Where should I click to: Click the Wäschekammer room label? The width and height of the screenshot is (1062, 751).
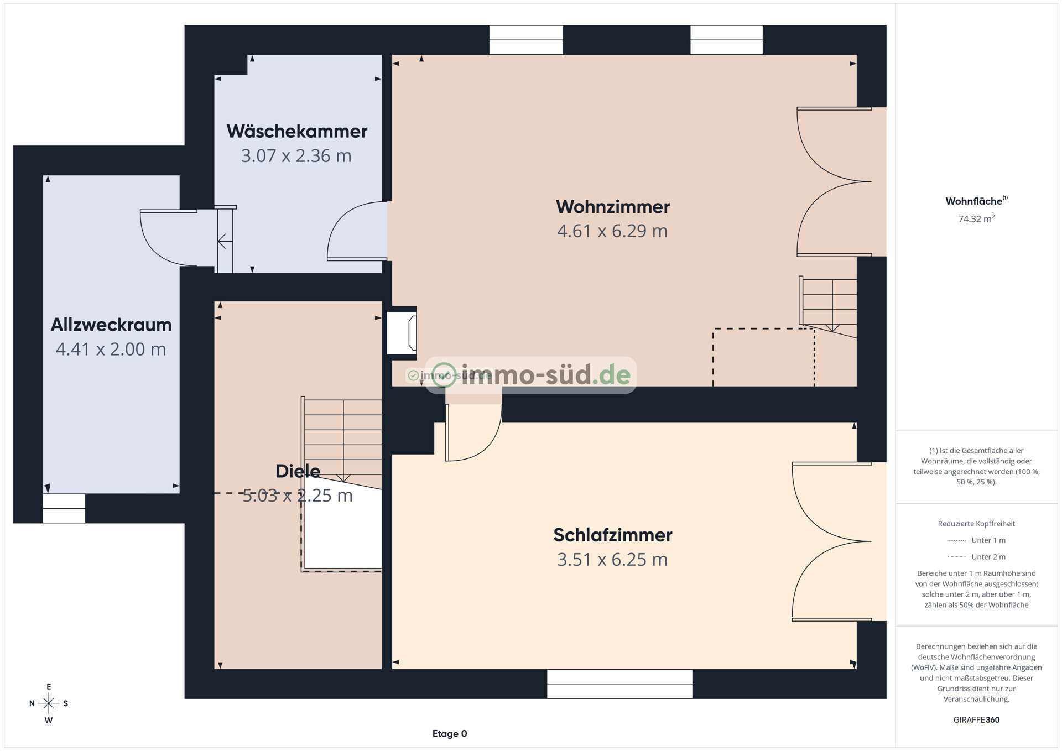pos(297,131)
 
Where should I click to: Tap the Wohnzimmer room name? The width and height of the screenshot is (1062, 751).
pos(613,207)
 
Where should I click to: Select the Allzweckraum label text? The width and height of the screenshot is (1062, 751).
pos(111,325)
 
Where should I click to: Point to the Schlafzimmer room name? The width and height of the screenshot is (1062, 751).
pos(613,535)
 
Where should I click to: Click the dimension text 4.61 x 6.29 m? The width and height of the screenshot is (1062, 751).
pos(612,231)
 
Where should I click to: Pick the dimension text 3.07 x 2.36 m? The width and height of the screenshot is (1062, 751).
pos(296,156)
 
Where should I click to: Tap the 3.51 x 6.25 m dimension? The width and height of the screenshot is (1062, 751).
pos(612,560)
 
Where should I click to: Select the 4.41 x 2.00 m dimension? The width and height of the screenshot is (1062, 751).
pos(111,350)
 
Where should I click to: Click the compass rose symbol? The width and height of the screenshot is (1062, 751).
pos(49,703)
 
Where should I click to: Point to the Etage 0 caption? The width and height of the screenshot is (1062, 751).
pos(450,734)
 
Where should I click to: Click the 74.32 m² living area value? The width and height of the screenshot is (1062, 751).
pos(976,218)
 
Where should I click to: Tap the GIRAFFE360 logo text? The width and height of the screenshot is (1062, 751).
pos(976,720)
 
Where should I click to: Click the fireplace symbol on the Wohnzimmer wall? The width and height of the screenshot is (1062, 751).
pos(402,333)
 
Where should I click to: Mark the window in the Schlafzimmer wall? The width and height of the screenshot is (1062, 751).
pos(619,684)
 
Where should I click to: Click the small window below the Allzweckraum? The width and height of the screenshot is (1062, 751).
pos(64,508)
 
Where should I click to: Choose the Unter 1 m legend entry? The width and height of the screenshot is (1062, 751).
pos(976,540)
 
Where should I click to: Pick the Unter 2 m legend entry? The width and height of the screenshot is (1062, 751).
pos(976,557)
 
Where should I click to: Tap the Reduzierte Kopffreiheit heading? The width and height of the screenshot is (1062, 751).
pos(976,524)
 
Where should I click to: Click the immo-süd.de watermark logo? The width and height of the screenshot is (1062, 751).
pos(531,375)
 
